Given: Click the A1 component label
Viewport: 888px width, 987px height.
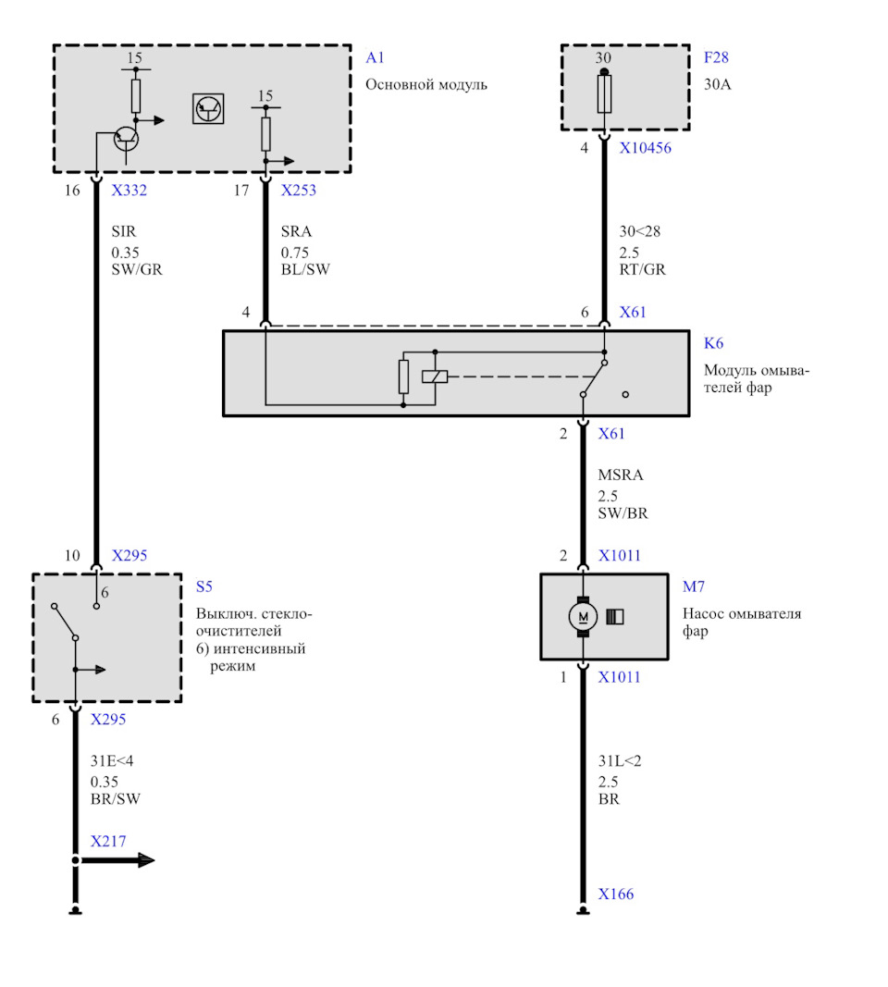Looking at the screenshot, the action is click(x=375, y=58).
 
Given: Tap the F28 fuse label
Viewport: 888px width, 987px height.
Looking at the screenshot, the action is click(x=716, y=57).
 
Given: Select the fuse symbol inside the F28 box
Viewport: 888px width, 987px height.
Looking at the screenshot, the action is click(x=604, y=93).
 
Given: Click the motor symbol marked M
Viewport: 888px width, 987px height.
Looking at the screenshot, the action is click(x=583, y=616).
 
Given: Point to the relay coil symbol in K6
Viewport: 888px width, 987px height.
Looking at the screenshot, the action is click(x=435, y=376).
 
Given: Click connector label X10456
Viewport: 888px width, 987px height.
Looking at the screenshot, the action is click(x=645, y=148).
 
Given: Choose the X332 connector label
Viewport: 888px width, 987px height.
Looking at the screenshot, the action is click(x=129, y=191).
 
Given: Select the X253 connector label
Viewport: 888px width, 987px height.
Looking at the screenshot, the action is click(x=298, y=191).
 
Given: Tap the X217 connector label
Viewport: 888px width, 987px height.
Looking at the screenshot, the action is click(x=108, y=841).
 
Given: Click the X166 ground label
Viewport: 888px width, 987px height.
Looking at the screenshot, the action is click(x=615, y=894).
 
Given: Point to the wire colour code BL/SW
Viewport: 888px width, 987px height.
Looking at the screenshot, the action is click(x=305, y=269).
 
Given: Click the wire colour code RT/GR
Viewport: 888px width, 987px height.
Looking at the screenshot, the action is click(x=642, y=269).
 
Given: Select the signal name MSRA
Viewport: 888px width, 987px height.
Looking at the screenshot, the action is click(x=621, y=475).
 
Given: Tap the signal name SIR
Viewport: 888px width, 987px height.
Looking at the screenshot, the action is click(x=123, y=231).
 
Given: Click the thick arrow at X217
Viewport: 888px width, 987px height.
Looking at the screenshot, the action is click(x=117, y=860).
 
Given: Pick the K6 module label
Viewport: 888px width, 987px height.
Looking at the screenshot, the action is click(x=713, y=343).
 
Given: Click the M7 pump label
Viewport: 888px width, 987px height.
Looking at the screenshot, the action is click(x=694, y=586).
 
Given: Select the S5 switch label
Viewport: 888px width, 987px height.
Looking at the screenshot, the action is click(x=203, y=586).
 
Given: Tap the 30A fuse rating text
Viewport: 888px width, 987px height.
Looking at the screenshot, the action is click(x=718, y=84).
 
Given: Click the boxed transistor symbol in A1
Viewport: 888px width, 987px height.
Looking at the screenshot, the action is click(x=208, y=109).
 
